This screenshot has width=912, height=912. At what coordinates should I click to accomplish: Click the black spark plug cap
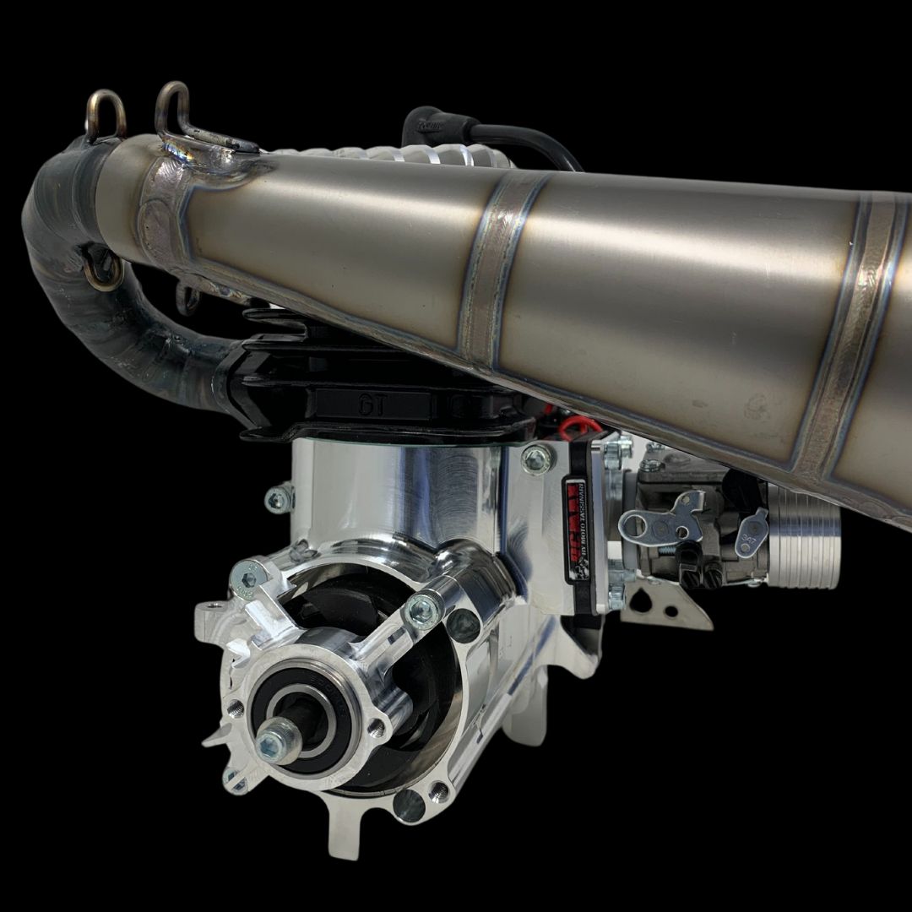pyautogui.click(x=431, y=127)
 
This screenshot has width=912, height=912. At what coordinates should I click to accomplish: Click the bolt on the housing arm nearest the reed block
pyautogui.click(x=421, y=609)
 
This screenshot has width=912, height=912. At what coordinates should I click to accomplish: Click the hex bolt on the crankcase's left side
pyautogui.click(x=278, y=500)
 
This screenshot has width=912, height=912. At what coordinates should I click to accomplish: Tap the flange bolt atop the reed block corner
pyautogui.click(x=535, y=459)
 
